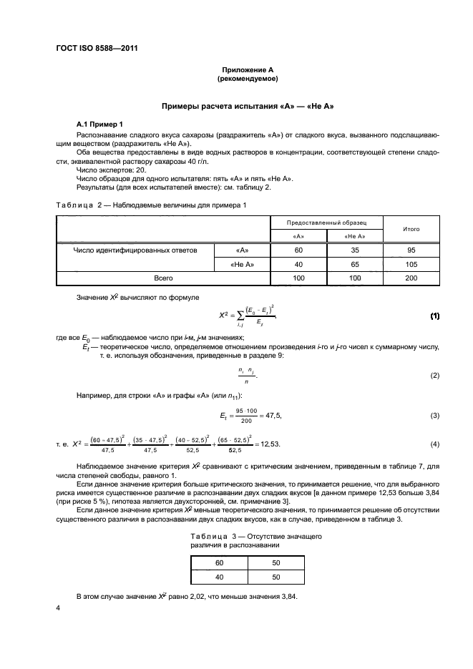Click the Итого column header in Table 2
[411, 230]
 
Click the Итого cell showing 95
[411, 250]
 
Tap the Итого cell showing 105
[411, 265]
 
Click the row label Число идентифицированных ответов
[135, 250]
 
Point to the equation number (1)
[433, 315]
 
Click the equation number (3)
[434, 416]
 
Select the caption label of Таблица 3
[213, 536]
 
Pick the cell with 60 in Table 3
[219, 562]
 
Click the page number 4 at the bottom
[58, 608]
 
